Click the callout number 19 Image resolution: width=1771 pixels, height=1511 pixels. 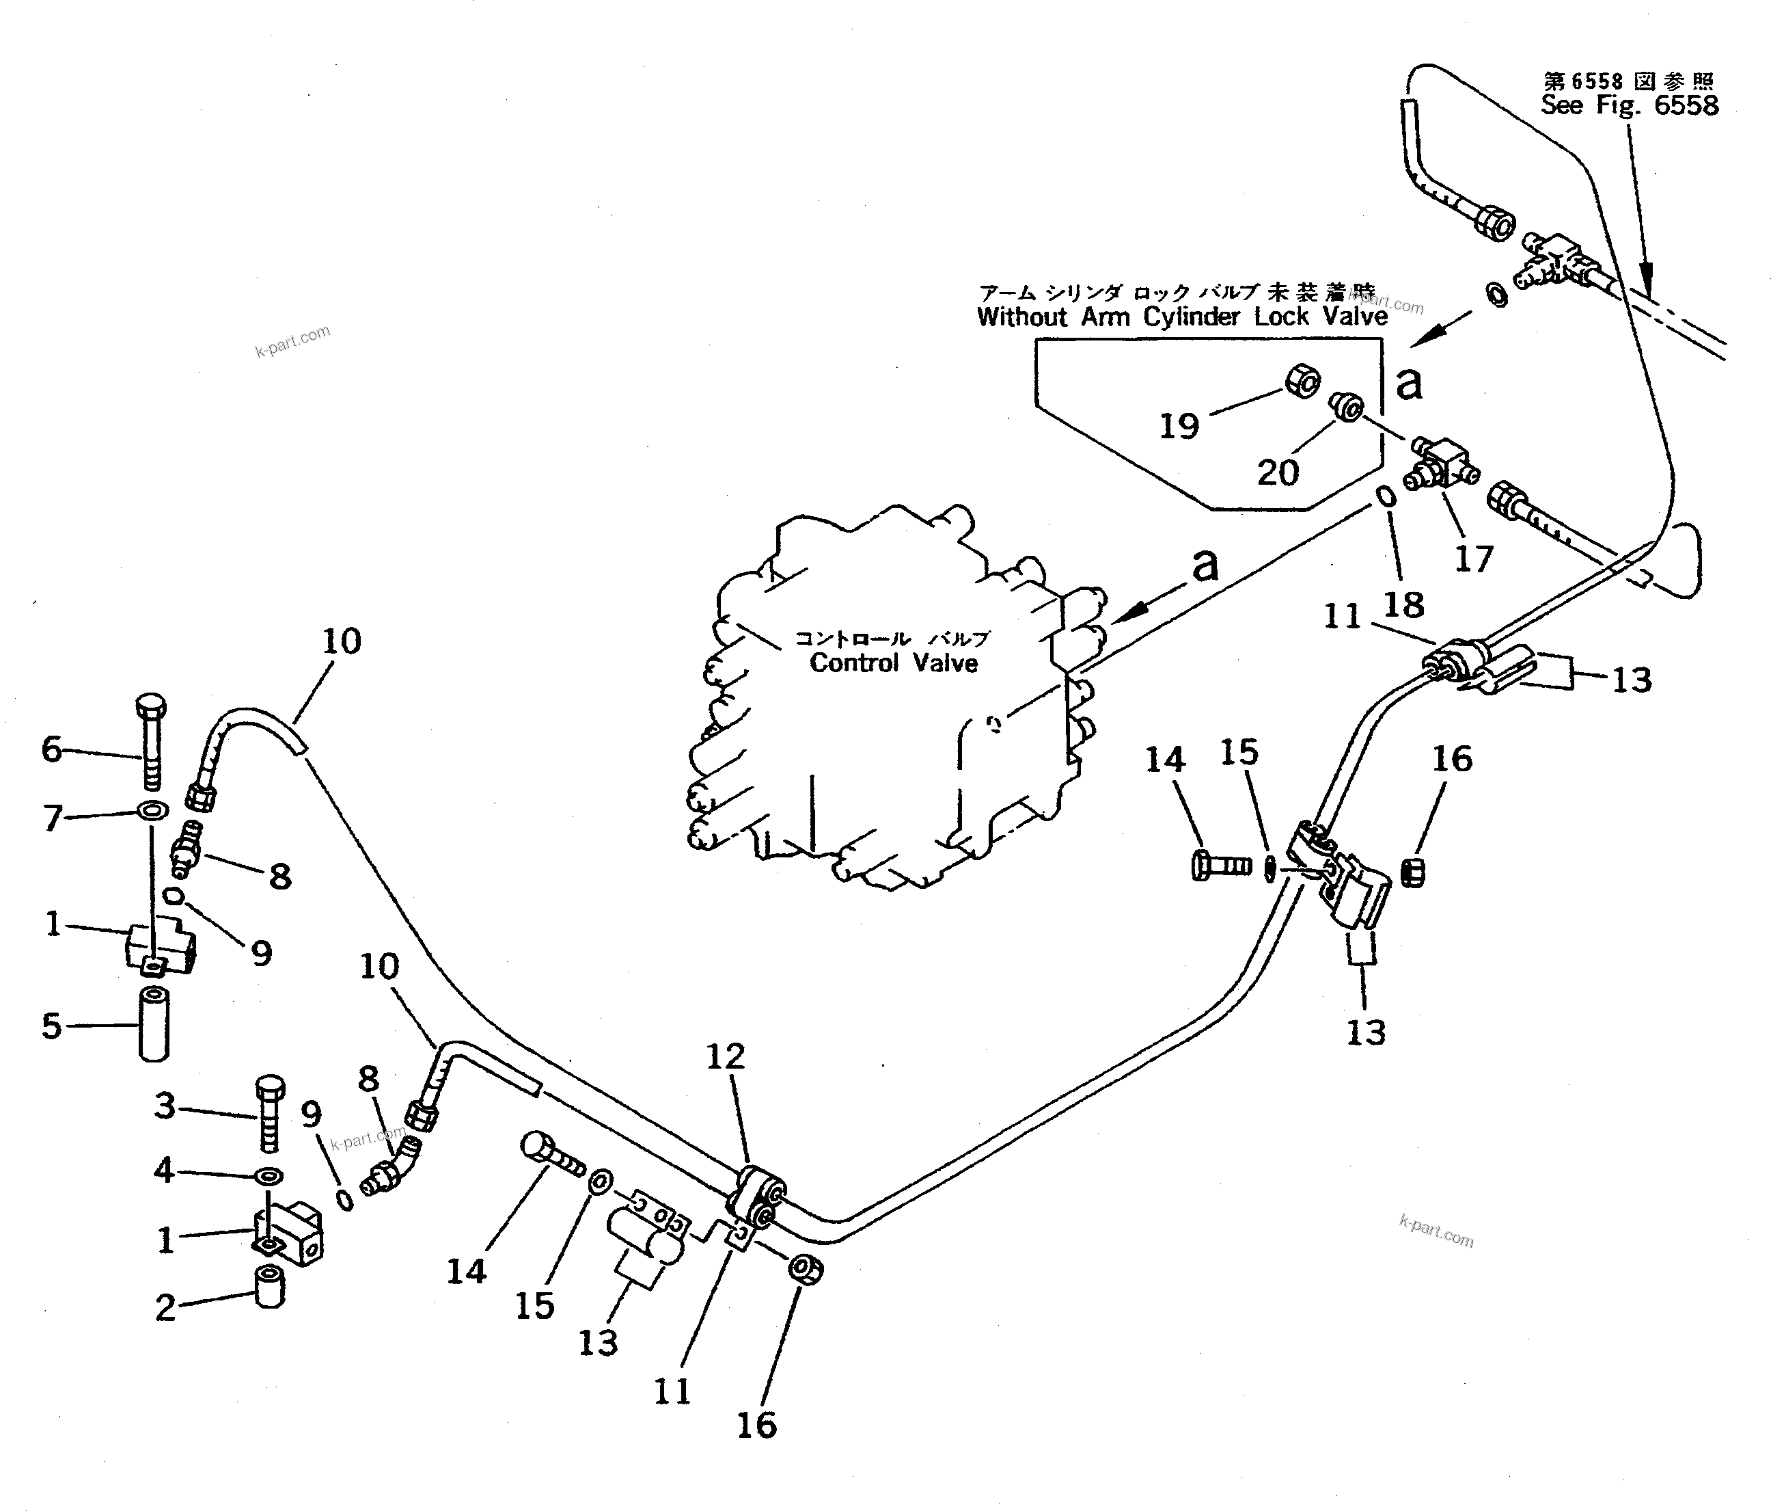(1179, 425)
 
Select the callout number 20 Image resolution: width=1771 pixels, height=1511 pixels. (1278, 472)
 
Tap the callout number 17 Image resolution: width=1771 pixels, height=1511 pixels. (1474, 559)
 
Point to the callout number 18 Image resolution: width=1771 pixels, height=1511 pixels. (1403, 604)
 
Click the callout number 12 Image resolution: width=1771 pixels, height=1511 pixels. (726, 1057)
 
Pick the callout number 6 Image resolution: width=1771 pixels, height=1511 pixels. (52, 749)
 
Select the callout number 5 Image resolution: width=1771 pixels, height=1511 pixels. (52, 1026)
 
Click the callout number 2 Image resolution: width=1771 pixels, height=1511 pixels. (165, 1307)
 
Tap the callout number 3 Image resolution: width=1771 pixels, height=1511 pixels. (165, 1106)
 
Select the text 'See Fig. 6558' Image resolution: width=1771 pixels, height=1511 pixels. (1629, 105)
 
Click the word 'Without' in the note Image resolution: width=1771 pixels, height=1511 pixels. (1022, 317)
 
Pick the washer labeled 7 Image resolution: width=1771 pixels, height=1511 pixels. (152, 809)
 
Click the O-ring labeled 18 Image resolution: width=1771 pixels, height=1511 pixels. (1386, 497)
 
